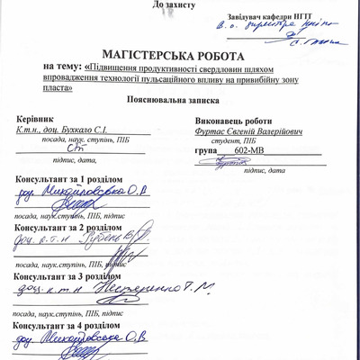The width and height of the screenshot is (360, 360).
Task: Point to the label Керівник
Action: (x=36, y=118)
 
